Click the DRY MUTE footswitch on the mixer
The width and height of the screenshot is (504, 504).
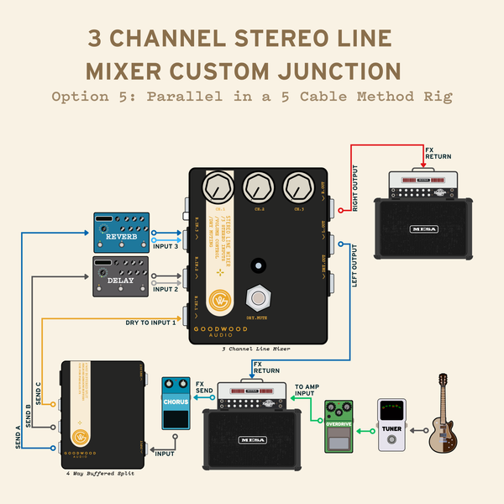click(258, 297)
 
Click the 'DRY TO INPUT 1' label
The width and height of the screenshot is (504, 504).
click(151, 323)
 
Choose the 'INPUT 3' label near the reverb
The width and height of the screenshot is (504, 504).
click(165, 246)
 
